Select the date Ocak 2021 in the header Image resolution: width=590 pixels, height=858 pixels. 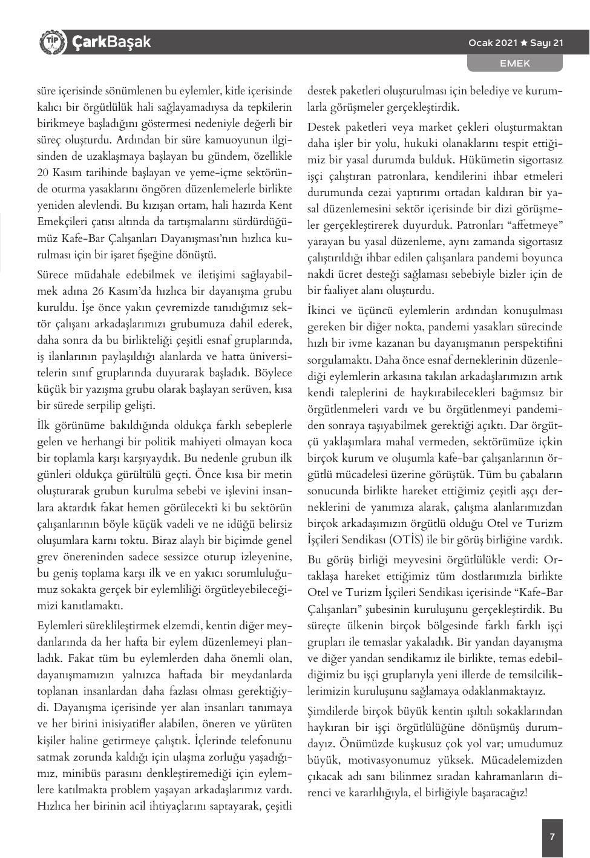(493, 43)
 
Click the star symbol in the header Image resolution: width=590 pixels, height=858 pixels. (524, 43)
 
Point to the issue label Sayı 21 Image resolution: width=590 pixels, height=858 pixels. (547, 43)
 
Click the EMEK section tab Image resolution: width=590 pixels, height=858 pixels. (514, 63)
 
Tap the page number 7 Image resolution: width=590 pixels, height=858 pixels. (552, 837)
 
